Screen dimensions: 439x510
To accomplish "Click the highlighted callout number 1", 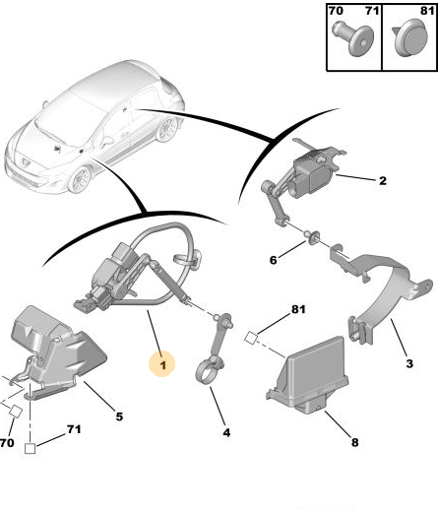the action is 162,364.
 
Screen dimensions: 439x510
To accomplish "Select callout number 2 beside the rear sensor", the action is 383,180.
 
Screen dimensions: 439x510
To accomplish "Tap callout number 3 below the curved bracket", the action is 409,363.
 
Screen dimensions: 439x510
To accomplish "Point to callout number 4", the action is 226,432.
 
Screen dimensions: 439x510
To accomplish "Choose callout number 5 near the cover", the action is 119,416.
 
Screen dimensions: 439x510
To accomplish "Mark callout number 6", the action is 273,260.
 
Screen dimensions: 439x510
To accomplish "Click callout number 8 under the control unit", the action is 354,442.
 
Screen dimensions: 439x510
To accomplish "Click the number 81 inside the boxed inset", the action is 427,11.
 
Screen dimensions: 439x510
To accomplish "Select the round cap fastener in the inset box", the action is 412,38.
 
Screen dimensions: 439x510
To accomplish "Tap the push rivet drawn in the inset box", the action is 353,38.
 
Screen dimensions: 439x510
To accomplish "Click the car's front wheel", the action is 80,179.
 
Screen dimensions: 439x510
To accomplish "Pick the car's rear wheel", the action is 167,129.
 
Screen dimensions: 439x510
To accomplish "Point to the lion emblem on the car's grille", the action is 26,161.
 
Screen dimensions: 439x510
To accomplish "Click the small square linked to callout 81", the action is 251,338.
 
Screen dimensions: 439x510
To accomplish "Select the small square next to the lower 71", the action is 31,448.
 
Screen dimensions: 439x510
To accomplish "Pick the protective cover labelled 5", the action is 54,351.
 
